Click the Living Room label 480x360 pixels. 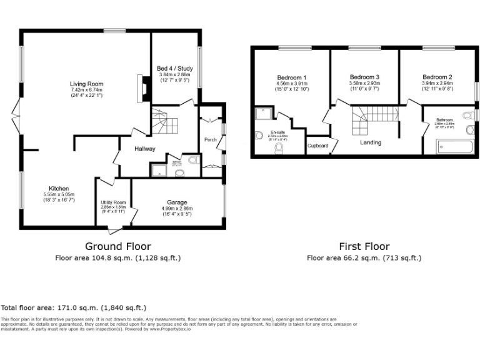pyautogui.click(x=86, y=84)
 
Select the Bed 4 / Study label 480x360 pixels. pyautogui.click(x=175, y=68)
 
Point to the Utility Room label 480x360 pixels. pyautogui.click(x=113, y=202)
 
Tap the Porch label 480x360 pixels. pyautogui.click(x=211, y=139)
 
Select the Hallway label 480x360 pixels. pyautogui.click(x=145, y=149)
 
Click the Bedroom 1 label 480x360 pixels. pyautogui.click(x=291, y=77)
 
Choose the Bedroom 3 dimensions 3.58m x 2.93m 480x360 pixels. pyautogui.click(x=364, y=83)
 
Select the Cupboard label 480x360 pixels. pyautogui.click(x=317, y=146)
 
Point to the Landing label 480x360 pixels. pyautogui.click(x=371, y=142)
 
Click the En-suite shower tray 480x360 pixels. pyautogui.click(x=263, y=114)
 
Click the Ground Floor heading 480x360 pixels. pyautogui.click(x=117, y=246)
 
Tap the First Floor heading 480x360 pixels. pyautogui.click(x=364, y=246)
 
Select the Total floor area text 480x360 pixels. pyautogui.click(x=73, y=307)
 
